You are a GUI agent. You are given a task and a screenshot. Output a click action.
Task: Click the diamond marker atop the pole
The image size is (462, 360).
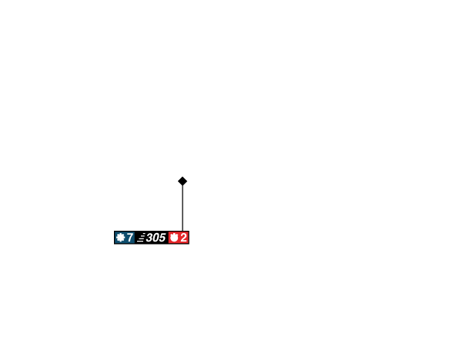182,181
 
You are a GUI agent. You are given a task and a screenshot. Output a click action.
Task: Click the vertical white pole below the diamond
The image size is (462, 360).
182,208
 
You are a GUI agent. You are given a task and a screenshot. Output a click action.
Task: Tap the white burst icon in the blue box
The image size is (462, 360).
120,238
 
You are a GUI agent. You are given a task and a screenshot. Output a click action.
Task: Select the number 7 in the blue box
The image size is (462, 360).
130,238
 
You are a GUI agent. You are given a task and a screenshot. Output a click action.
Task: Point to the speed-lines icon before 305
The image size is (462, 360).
141,238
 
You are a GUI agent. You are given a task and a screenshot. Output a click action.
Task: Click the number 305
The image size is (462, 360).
156,238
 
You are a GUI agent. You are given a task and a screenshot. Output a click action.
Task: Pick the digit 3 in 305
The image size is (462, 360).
150,238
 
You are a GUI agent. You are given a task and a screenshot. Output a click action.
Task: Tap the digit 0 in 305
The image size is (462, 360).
156,238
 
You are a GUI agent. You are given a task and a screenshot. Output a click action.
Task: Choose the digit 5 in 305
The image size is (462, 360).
162,238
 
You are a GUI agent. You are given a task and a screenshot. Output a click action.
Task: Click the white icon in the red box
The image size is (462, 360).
174,238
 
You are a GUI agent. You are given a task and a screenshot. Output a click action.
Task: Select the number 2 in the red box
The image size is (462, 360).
184,238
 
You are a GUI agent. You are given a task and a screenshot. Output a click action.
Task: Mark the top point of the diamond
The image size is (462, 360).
182,175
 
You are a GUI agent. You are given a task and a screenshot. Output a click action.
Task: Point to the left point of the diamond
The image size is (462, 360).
176,181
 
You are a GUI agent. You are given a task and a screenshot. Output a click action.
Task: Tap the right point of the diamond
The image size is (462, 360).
189,181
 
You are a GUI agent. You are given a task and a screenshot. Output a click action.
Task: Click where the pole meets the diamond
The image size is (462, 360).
182,187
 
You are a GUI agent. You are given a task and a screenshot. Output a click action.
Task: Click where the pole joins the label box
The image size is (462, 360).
182,230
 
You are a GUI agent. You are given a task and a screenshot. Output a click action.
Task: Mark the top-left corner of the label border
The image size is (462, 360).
113,230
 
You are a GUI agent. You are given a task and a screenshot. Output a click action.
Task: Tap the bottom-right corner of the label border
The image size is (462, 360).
190,245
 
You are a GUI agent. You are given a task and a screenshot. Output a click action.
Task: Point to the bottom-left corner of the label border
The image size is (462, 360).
113,245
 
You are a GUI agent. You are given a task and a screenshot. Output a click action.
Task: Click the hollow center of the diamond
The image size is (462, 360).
182,181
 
